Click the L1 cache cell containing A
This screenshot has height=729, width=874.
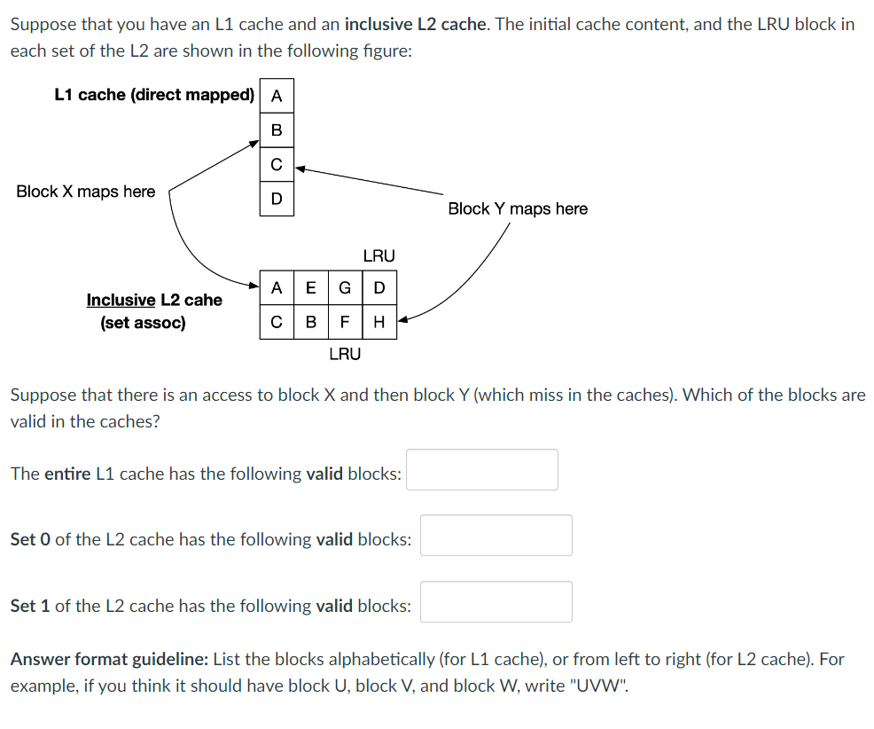(277, 96)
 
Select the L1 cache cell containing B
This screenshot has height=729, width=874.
(277, 130)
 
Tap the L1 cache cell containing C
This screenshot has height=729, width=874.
(277, 165)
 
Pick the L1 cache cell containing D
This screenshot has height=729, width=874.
(277, 199)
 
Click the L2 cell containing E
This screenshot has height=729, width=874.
(310, 287)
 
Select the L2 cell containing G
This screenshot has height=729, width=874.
(345, 287)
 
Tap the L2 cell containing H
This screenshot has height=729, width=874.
(379, 322)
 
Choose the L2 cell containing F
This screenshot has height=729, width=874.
(345, 322)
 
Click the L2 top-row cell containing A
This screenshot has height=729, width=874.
(277, 287)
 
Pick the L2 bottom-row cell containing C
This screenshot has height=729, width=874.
(277, 322)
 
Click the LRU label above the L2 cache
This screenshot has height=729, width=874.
(378, 256)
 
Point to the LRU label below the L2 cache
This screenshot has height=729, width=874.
(345, 354)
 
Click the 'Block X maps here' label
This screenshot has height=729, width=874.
(85, 192)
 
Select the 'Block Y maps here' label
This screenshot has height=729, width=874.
(518, 208)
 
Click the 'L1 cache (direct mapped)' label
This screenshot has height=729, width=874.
(154, 95)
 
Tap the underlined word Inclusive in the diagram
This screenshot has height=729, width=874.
(121, 301)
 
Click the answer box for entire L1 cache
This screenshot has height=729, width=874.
(482, 470)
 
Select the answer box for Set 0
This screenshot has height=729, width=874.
(496, 536)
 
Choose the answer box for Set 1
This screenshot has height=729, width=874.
(496, 602)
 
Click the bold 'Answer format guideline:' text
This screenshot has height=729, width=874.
(109, 660)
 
